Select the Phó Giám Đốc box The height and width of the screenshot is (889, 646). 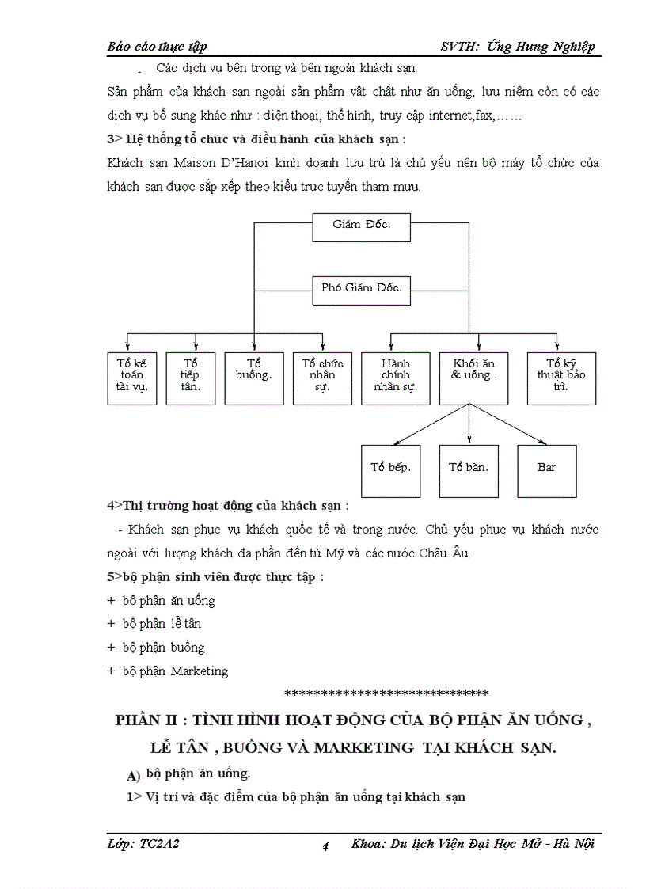[362, 288]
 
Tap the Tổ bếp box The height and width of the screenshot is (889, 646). [390, 468]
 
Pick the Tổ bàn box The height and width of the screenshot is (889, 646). [469, 468]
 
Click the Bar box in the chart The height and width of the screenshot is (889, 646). [547, 468]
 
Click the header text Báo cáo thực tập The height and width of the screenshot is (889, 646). [157, 47]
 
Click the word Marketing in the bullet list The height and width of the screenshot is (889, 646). [199, 671]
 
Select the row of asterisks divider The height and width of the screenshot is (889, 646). [386, 694]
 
